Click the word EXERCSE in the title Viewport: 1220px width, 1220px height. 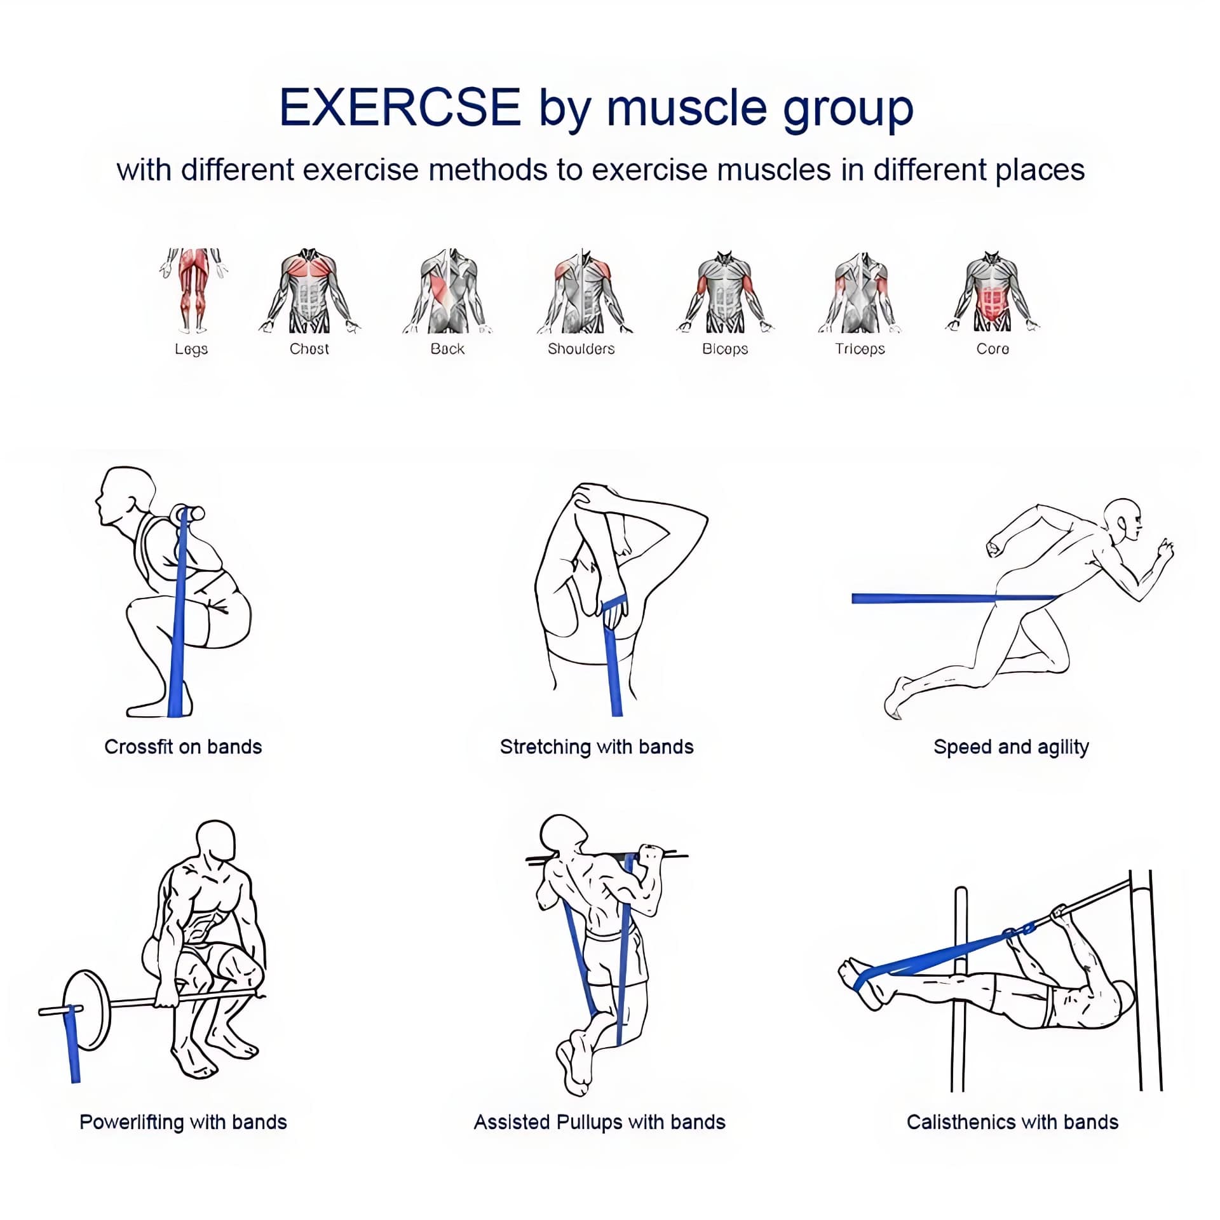coord(400,107)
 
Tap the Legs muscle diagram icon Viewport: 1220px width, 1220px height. coord(193,290)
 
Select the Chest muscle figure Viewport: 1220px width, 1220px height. coord(309,291)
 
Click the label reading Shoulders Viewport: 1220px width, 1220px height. coord(581,349)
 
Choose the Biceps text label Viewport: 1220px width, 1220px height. coord(725,349)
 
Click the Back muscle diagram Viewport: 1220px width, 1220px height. coord(448,291)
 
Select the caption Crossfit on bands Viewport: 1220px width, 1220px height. coord(183,747)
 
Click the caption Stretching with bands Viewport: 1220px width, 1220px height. coord(597,747)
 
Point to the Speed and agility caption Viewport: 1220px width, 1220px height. coord(1012,747)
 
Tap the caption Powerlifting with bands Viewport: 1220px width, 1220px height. coord(183,1122)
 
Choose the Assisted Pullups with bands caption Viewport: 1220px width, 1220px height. coord(600,1122)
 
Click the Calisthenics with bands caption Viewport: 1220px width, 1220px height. coord(1012,1122)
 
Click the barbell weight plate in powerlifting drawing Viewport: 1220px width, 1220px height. coord(87,1010)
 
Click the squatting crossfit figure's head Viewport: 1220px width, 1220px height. coord(125,496)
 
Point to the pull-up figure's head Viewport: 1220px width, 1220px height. coord(563,836)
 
